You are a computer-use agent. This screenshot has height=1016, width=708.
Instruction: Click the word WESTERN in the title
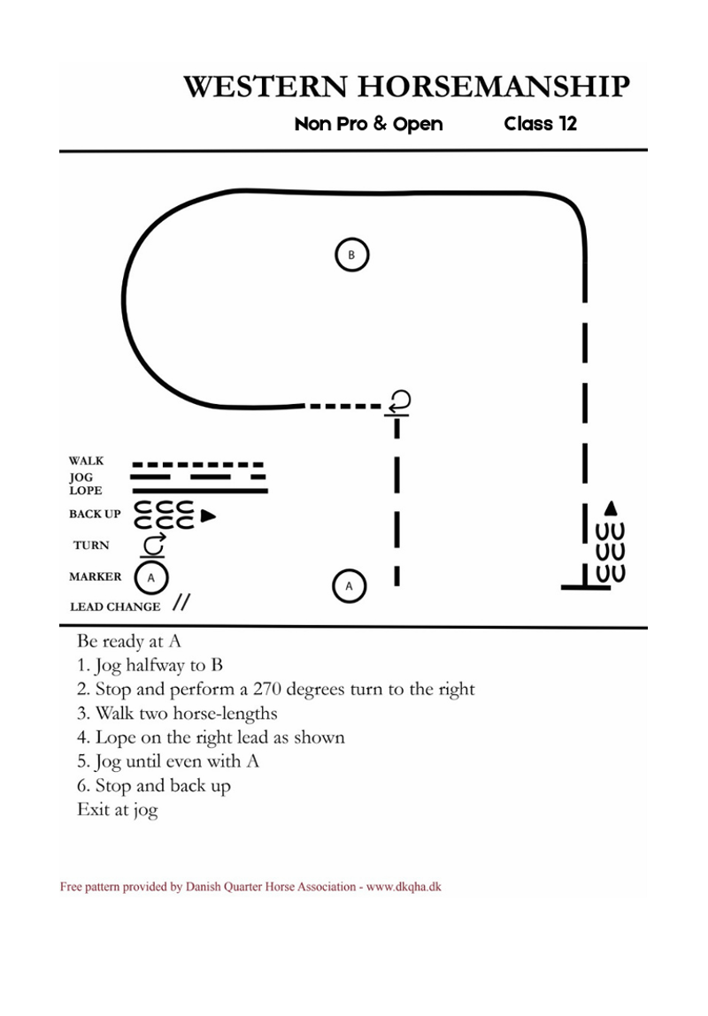(265, 87)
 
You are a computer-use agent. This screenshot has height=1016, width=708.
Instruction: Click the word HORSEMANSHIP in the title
(494, 87)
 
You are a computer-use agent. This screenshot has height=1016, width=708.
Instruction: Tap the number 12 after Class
(568, 123)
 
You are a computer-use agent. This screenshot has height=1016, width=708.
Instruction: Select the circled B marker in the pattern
(351, 255)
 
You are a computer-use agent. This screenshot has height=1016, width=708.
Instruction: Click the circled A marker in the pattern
(349, 585)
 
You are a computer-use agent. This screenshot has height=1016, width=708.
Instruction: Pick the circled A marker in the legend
(151, 577)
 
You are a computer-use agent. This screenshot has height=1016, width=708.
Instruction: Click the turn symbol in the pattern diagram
(398, 402)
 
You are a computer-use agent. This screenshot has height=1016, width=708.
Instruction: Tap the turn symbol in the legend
(153, 546)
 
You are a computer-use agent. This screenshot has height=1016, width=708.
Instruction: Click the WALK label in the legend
(86, 461)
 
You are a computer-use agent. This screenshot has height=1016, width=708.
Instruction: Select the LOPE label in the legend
(86, 491)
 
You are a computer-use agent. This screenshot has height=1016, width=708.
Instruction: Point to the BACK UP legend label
(95, 514)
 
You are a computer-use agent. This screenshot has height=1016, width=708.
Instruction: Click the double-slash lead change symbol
(181, 602)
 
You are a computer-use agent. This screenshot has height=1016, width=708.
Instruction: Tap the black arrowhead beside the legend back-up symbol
(208, 516)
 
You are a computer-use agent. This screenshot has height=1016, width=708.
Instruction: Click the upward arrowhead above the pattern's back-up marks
(610, 508)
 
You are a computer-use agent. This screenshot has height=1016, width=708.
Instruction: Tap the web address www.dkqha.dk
(404, 886)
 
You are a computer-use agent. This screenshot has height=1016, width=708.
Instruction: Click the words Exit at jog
(118, 810)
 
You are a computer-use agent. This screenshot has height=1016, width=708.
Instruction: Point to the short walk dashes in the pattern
(344, 406)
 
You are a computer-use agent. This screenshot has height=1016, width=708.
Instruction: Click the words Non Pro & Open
(368, 123)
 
